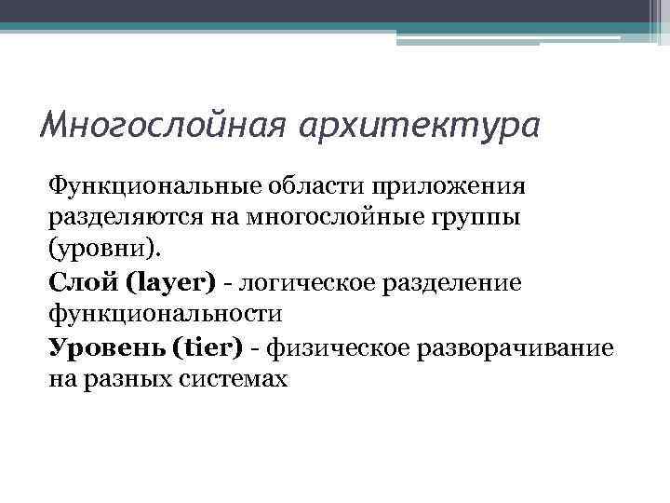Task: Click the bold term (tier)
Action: tap(208, 347)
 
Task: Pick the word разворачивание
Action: tap(513, 347)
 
